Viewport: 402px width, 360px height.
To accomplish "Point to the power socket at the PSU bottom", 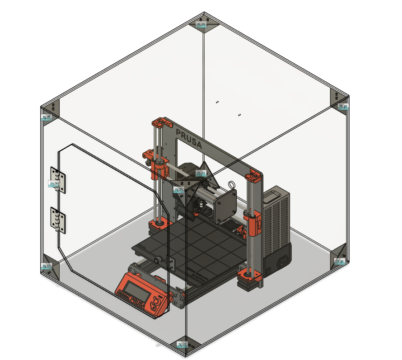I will point(284,261).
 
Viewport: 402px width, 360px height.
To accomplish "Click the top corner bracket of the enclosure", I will point(203,24).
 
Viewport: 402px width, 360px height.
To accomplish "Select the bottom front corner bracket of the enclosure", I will point(187,346).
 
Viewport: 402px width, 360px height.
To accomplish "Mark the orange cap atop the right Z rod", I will point(253,176).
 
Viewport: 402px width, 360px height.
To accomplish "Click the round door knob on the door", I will point(159,260).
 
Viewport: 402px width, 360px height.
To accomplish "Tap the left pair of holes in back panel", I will point(217,102).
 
